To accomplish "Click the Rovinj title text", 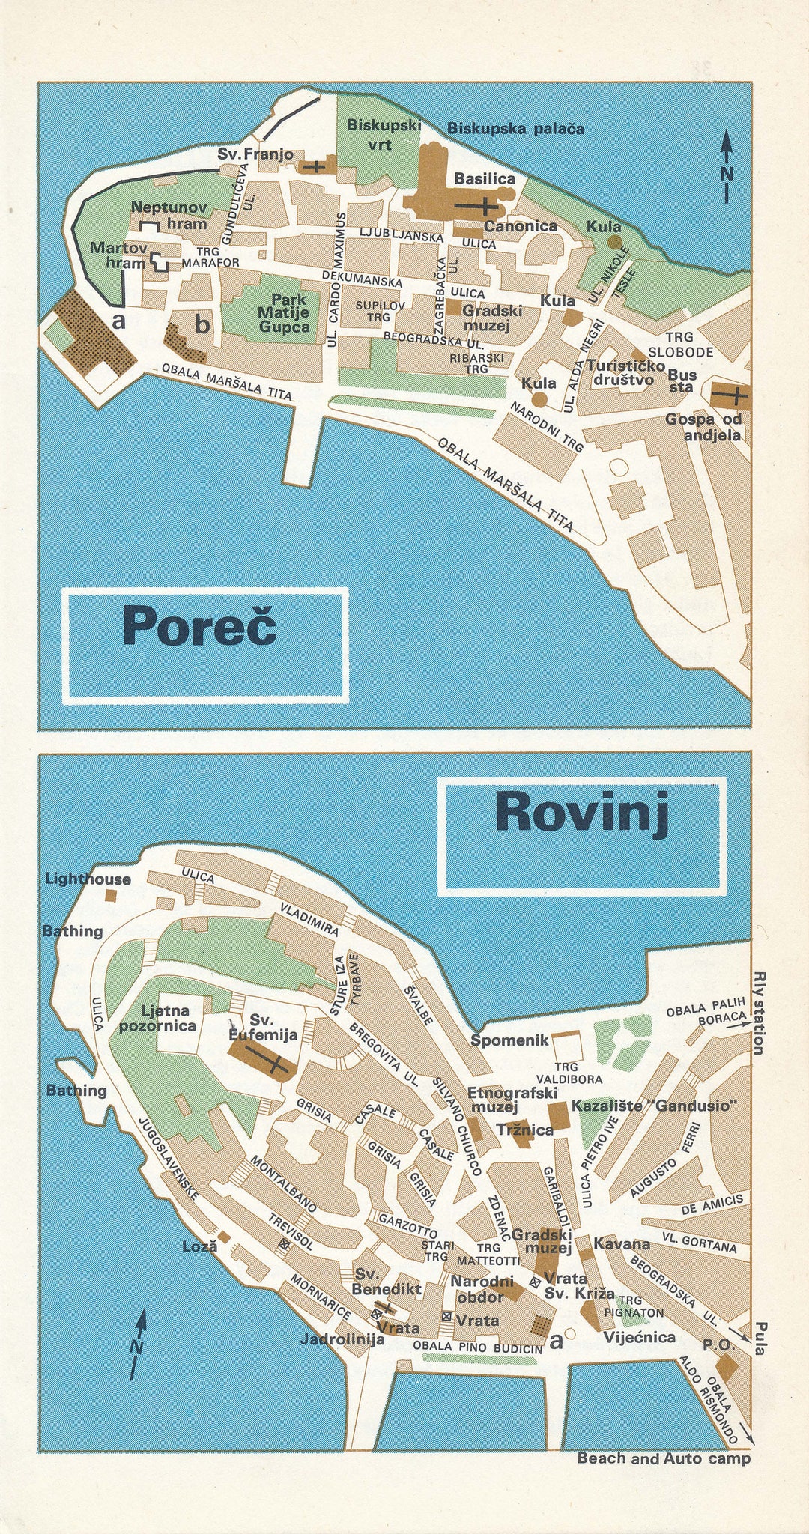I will point(582,813).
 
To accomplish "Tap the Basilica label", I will point(485,179).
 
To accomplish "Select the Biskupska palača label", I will point(515,129).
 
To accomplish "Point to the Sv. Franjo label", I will point(255,154).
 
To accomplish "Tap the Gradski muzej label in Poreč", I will point(491,317).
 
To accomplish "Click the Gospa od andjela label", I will point(703,428).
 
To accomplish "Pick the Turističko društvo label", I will point(625,372).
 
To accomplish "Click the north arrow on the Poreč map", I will point(726,166).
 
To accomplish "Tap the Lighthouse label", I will point(88,879).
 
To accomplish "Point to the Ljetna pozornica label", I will point(157,1019).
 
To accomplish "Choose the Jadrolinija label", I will point(342,1339).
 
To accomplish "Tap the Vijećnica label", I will point(640,1337).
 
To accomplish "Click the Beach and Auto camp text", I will point(663,1458).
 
